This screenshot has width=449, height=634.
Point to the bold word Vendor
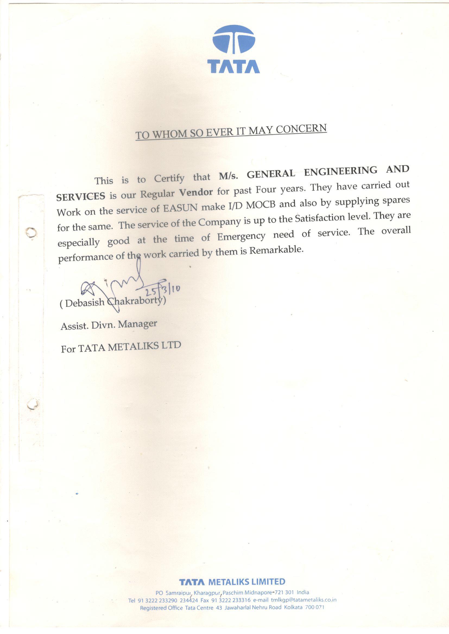(196, 192)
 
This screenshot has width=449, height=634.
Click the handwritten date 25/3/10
(163, 291)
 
